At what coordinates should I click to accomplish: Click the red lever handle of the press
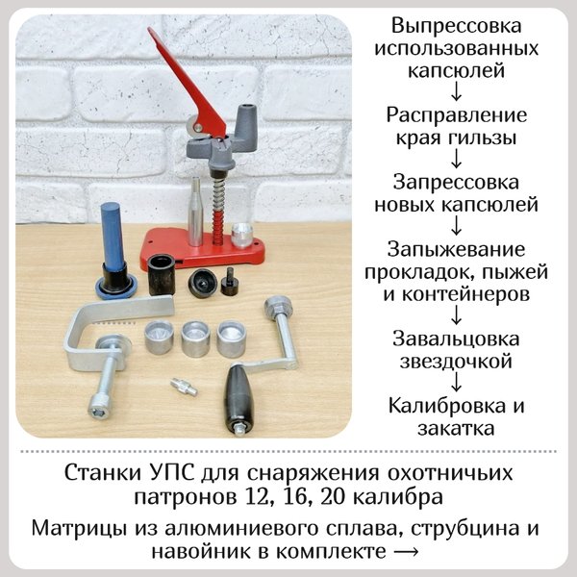184,81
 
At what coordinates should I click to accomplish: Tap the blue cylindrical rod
113,237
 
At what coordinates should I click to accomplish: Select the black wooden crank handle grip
239,396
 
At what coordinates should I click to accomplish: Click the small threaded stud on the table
184,387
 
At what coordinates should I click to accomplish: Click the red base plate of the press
202,250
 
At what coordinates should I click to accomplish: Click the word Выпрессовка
456,27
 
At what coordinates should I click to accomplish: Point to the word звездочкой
456,362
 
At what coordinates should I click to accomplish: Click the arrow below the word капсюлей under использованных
456,91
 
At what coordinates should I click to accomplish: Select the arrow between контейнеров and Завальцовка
456,315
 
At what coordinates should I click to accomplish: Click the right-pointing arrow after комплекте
406,551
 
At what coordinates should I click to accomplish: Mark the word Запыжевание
456,249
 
